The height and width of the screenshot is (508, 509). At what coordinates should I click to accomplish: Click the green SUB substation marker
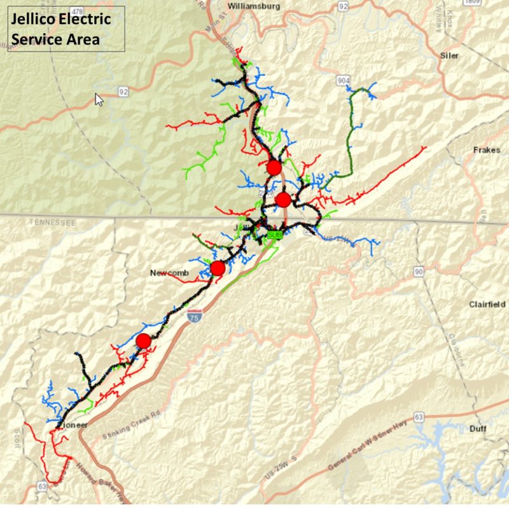(274, 235)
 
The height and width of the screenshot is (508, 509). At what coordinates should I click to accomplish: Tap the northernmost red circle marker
(274, 167)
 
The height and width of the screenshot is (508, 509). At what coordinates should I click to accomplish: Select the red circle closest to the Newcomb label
(218, 268)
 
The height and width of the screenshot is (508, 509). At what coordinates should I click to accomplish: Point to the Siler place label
(449, 55)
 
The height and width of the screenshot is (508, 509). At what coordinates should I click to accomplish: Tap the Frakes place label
(487, 151)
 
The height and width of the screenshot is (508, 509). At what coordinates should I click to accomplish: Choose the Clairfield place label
(487, 305)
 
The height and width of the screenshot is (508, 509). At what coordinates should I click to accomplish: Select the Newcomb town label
(167, 273)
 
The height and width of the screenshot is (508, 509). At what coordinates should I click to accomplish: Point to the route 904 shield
(344, 81)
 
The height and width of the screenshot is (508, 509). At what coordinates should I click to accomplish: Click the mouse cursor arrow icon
(99, 100)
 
